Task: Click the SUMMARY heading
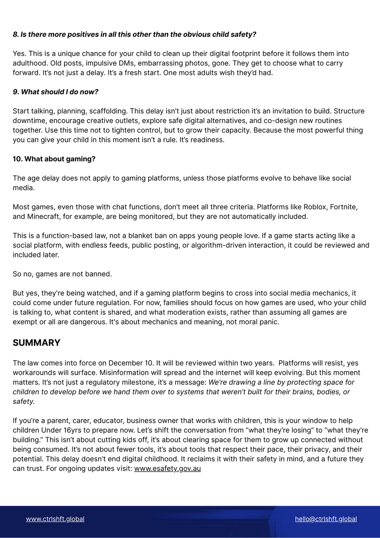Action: [x=36, y=343]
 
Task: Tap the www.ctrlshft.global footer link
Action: [x=55, y=519]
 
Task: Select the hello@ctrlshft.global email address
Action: [x=326, y=519]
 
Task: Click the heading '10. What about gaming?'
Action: [x=54, y=159]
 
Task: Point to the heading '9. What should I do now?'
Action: [x=55, y=92]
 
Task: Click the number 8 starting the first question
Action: [x=15, y=34]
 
